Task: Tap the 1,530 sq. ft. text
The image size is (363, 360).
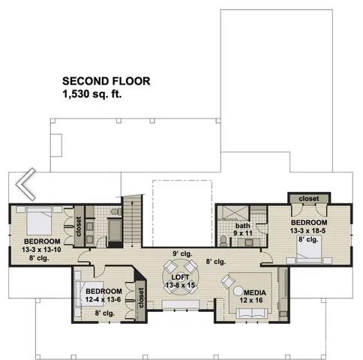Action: click(92, 94)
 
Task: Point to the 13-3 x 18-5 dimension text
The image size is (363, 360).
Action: click(308, 231)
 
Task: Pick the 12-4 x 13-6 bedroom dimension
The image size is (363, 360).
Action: click(103, 300)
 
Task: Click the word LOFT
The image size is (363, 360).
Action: click(180, 277)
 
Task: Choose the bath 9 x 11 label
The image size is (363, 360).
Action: click(242, 229)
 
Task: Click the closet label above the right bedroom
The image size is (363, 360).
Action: click(308, 199)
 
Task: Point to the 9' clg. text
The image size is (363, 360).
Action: click(181, 253)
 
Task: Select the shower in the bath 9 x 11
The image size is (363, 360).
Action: click(233, 211)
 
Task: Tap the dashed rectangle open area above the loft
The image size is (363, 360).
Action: click(181, 211)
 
